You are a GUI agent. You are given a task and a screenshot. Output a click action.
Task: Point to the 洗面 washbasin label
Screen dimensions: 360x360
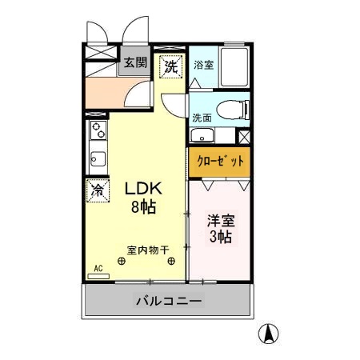(x=202, y=118)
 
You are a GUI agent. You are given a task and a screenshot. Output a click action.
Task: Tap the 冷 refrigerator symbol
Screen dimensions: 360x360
(x=97, y=191)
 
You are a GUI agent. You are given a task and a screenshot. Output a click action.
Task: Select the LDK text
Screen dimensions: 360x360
(x=144, y=189)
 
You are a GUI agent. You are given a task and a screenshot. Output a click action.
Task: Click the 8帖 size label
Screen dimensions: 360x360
(x=144, y=206)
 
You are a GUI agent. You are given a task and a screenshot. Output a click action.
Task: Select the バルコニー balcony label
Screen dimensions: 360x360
(x=169, y=302)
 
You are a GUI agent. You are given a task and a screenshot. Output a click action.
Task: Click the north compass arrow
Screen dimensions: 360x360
(x=271, y=333)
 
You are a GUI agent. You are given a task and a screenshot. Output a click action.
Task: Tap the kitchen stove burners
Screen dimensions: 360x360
(x=98, y=129)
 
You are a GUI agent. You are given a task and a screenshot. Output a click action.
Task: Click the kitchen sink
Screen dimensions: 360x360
(x=98, y=158)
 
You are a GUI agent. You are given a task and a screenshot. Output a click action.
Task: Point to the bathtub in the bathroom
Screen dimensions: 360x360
(x=233, y=69)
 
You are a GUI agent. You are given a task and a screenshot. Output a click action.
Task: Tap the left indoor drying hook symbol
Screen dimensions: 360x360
(x=122, y=260)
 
